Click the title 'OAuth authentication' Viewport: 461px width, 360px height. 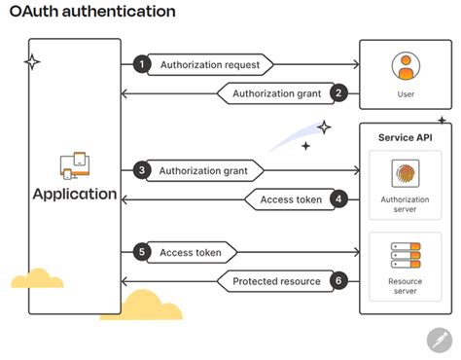pyautogui.click(x=93, y=12)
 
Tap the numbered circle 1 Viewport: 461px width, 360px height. pyautogui.click(x=142, y=64)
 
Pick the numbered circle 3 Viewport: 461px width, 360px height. pyautogui.click(x=142, y=171)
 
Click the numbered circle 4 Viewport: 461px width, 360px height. pyautogui.click(x=338, y=199)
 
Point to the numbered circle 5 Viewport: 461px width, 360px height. pyautogui.click(x=142, y=253)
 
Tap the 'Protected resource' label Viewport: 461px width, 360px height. pyautogui.click(x=276, y=281)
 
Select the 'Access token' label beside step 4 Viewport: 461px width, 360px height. pyautogui.click(x=291, y=199)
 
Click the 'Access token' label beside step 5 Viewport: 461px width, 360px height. pyautogui.click(x=191, y=253)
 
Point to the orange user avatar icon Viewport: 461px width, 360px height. pyautogui.click(x=406, y=66)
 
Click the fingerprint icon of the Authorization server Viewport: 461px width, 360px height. pyautogui.click(x=406, y=173)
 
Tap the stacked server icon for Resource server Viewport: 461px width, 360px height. pyautogui.click(x=406, y=256)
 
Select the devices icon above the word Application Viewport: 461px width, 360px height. pyautogui.click(x=75, y=165)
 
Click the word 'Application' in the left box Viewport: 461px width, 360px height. pyautogui.click(x=75, y=194)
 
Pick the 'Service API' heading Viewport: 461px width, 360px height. pyautogui.click(x=406, y=137)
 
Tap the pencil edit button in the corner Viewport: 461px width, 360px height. pyautogui.click(x=440, y=341)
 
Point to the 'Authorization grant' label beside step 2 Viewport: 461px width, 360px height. pyautogui.click(x=277, y=93)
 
